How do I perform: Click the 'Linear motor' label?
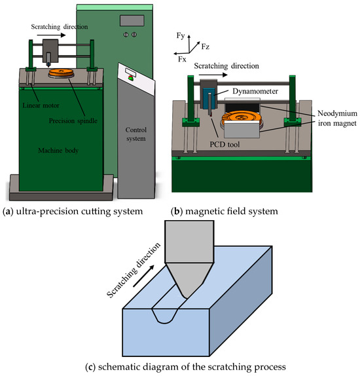tap(41, 105)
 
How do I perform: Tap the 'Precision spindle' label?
tap(73, 121)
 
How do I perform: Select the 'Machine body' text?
tap(58, 151)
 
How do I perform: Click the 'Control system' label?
tap(136, 134)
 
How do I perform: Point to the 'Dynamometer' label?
tap(255, 91)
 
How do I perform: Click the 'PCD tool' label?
tap(225, 144)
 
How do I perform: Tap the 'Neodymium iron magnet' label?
tap(337, 118)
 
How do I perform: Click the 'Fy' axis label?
tap(181, 35)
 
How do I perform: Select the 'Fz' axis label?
tap(206, 47)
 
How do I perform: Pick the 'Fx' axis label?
tap(182, 59)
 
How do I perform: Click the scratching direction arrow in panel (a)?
tap(51, 35)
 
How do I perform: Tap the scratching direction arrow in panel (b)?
tap(213, 75)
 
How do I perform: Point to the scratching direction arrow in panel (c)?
tap(143, 276)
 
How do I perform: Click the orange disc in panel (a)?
tap(61, 72)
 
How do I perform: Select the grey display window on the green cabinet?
tap(132, 20)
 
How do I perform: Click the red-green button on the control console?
tap(131, 78)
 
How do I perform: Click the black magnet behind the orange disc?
tap(243, 107)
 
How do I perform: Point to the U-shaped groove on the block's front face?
tap(165, 316)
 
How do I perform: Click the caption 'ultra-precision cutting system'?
tap(79, 212)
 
